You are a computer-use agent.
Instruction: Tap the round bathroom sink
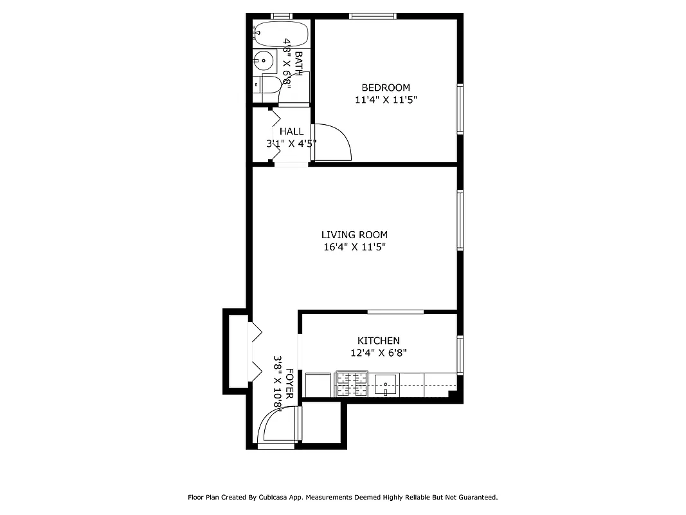pos(263,62)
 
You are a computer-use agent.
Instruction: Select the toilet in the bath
pos(267,84)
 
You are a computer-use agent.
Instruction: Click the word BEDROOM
pos(385,88)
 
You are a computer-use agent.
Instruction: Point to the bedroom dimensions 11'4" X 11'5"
pos(385,100)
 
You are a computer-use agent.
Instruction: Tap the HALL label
pos(291,131)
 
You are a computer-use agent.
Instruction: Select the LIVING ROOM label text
pos(354,235)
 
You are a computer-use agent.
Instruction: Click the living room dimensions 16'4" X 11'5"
pos(354,247)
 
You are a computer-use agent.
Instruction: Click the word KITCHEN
pos(379,341)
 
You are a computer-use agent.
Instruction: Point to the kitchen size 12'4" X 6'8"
pos(379,353)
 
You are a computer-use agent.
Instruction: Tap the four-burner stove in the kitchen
pos(352,384)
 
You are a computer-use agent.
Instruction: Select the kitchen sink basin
pos(386,384)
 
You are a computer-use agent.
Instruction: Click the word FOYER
pos(290,384)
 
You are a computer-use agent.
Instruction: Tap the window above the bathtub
pos(281,16)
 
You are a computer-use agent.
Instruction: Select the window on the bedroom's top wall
pos(372,16)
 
